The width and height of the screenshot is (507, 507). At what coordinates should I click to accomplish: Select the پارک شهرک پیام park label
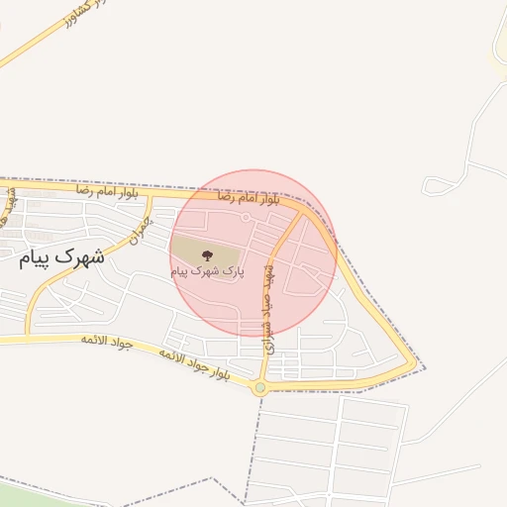(x=206, y=270)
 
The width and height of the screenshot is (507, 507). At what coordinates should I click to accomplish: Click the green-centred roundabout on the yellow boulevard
(x=260, y=388)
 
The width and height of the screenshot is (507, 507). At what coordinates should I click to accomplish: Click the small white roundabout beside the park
(x=245, y=215)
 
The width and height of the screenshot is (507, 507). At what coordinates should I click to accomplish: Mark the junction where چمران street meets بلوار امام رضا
(x=151, y=194)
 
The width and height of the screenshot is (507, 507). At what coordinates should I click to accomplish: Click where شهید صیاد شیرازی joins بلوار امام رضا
(x=300, y=210)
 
